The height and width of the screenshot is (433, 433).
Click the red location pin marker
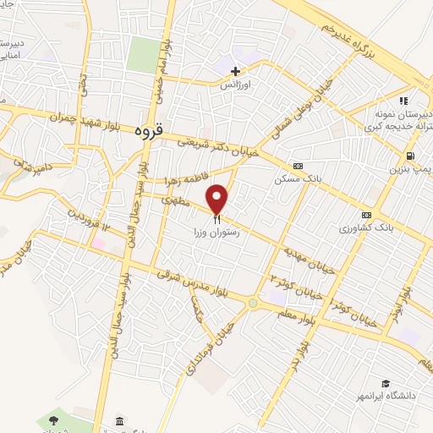point(217,200)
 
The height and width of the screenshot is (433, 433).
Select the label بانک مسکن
point(293,178)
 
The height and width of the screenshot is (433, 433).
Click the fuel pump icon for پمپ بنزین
point(410,156)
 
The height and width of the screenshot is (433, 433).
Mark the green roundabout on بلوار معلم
point(252,303)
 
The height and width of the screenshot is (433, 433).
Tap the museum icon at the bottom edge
point(119,422)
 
